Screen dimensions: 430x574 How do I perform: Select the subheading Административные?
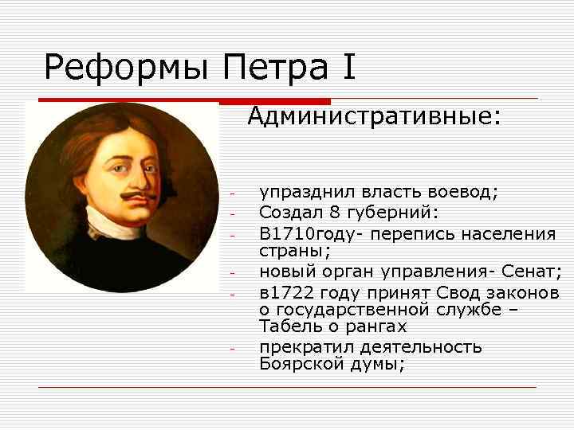374,118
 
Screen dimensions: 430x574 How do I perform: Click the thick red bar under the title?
275,101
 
